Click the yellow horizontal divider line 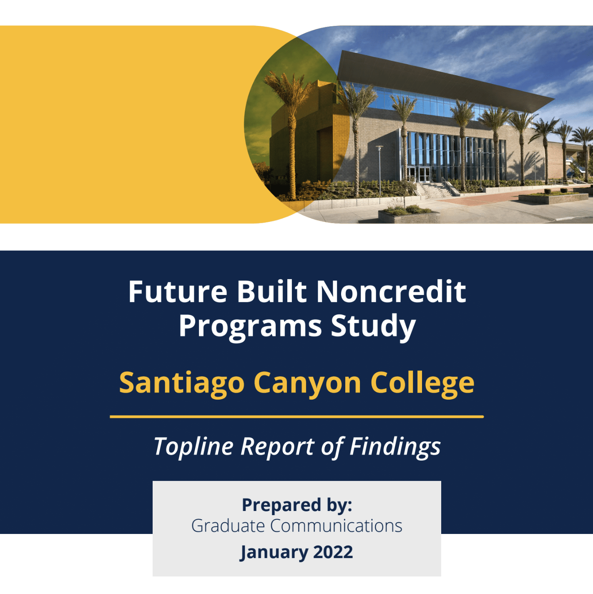point(296,417)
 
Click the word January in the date point(274,552)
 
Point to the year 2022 point(333,552)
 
